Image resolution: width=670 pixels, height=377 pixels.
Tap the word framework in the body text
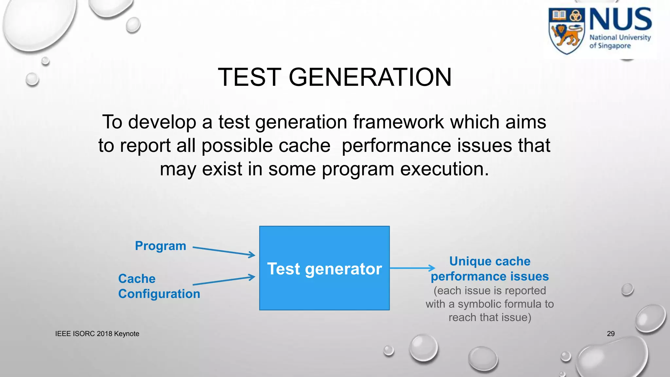click(398, 122)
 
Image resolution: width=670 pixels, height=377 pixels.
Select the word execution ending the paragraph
click(444, 169)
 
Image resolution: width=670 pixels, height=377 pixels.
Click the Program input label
click(160, 246)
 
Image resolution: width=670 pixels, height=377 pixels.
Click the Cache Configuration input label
click(159, 286)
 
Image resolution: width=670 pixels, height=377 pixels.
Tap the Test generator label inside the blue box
click(324, 269)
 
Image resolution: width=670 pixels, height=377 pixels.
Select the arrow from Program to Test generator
click(224, 251)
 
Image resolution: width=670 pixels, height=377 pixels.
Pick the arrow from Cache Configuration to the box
click(224, 281)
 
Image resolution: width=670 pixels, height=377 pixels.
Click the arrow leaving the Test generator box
click(412, 268)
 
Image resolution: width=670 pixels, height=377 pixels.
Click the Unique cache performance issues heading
click(489, 269)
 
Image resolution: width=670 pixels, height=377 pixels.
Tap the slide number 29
click(610, 333)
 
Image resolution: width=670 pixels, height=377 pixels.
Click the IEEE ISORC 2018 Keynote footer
click(97, 333)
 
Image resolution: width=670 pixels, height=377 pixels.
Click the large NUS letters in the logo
click(620, 20)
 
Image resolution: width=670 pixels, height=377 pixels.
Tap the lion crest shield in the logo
click(567, 31)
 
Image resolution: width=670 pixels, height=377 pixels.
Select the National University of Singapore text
click(620, 42)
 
